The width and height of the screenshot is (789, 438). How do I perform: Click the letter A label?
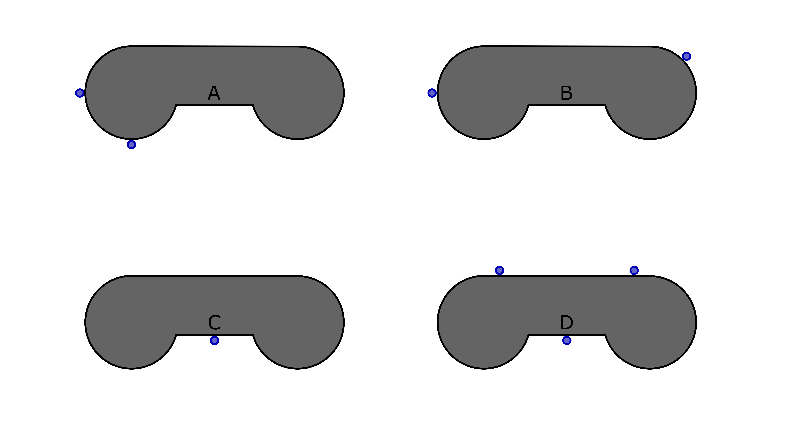click(x=214, y=93)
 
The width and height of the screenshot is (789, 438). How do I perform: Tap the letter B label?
click(x=566, y=93)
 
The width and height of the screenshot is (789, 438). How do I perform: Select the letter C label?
click(x=214, y=323)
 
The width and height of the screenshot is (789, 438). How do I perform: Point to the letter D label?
click(x=566, y=323)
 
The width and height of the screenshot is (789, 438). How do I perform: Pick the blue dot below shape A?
click(x=131, y=145)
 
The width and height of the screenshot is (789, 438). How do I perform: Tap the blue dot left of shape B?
click(x=432, y=93)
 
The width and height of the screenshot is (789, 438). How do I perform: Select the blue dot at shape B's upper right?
click(x=686, y=56)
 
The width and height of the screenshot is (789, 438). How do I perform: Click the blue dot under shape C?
click(x=214, y=340)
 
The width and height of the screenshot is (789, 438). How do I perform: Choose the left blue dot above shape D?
click(x=500, y=270)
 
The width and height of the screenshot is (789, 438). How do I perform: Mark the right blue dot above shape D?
click(x=634, y=270)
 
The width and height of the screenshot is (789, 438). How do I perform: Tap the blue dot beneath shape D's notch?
click(x=567, y=340)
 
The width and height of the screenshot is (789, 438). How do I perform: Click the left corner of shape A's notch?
click(x=176, y=105)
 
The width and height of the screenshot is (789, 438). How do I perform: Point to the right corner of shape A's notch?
click(x=253, y=105)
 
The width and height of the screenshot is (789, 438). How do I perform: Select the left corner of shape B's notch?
click(x=528, y=105)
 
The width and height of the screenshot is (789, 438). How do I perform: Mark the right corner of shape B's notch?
click(x=605, y=105)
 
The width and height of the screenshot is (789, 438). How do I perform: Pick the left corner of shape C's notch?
click(x=176, y=335)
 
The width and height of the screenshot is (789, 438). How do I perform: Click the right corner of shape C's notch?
click(x=253, y=335)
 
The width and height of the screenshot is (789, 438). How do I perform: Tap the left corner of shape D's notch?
click(x=528, y=335)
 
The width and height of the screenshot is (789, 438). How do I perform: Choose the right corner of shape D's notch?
click(x=605, y=335)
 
